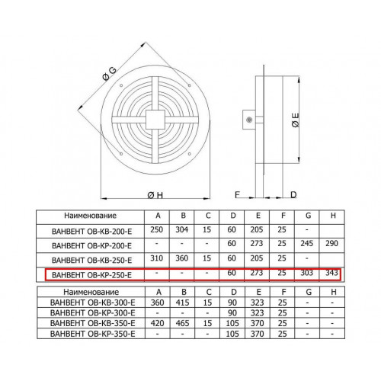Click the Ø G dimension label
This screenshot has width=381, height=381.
pos(109,74)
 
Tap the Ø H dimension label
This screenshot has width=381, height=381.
pos(155,195)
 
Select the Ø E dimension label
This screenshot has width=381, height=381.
pos(296,120)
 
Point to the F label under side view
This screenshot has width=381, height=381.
pos(237,195)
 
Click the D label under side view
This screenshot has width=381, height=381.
pos(293,195)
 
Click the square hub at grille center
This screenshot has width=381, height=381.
pos(155,120)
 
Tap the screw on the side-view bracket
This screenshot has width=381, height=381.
pos(249,120)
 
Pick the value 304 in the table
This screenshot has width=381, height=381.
pos(182,229)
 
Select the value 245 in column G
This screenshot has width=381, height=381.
pos(306,243)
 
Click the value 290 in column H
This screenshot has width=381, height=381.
pos(331,243)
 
